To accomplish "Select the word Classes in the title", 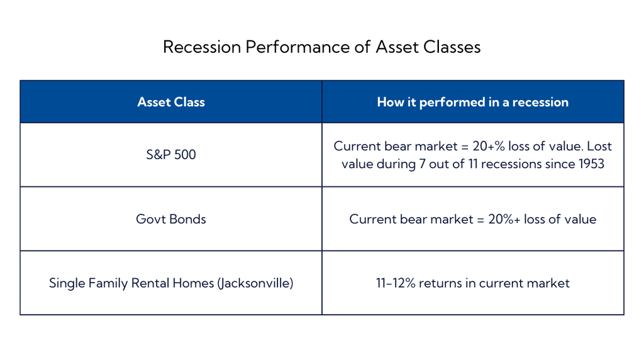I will (451, 47).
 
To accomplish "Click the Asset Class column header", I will (171, 102).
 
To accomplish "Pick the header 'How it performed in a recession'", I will (472, 102).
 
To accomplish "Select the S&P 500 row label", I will (171, 155).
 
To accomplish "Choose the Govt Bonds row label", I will (171, 219).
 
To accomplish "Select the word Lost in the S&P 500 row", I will (599, 146).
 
